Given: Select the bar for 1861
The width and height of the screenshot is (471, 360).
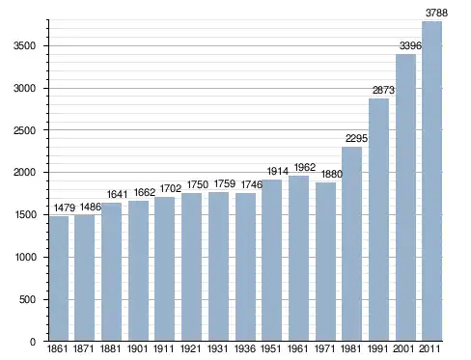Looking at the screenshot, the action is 59,278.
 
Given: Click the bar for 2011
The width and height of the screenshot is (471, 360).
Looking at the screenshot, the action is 431,181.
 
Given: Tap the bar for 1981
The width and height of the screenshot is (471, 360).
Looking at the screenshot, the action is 351,244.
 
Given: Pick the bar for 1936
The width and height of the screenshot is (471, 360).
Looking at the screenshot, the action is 245,267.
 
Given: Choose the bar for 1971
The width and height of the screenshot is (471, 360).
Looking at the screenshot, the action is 325,262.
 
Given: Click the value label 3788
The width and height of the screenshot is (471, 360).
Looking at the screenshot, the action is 436,13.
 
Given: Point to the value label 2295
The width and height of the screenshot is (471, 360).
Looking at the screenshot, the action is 356,138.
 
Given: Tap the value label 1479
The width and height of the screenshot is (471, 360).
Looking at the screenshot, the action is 65,208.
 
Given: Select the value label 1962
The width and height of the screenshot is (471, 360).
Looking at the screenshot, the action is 305,167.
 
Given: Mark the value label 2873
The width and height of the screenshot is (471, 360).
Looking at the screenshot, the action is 383,90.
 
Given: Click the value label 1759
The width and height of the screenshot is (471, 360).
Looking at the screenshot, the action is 225,183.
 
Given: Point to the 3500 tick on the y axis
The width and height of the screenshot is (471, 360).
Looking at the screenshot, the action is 24,45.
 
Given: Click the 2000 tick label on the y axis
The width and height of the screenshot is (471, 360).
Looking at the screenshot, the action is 24,173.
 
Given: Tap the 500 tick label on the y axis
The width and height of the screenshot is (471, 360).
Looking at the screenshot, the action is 28,299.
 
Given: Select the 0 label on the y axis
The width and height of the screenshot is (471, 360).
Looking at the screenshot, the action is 33,342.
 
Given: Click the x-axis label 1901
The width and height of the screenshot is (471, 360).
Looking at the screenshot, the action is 137,348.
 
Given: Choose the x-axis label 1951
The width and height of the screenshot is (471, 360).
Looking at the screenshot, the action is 270,348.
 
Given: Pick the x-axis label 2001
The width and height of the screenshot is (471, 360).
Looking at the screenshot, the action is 403,348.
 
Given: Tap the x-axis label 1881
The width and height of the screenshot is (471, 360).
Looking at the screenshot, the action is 110,348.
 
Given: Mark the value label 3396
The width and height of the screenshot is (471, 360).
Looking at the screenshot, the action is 410,45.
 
